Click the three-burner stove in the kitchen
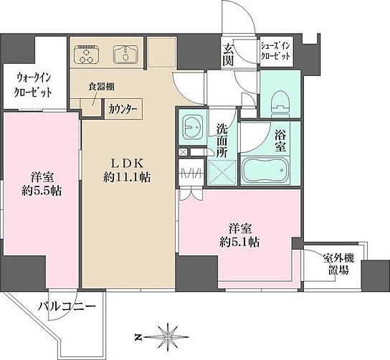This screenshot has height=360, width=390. tap(87, 55)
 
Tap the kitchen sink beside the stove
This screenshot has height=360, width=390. tap(126, 55)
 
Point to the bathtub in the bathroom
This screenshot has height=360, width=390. tap(265, 171)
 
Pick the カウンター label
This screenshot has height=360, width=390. tap(123, 109)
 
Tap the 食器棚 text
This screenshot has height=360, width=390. tap(102, 86)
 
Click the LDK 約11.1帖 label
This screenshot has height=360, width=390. tap(127, 171)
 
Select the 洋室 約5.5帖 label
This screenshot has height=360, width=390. tap(42, 184)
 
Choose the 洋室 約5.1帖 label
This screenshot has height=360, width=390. tap(240, 235)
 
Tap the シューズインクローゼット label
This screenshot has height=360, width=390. tap(275, 51)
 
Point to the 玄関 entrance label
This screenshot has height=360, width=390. tap(228, 55)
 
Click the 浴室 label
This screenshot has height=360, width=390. tap(280, 141)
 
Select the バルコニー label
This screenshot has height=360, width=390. tap(67, 305)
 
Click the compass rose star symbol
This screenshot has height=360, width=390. tap(168, 337)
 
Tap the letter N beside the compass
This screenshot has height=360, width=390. tap(137, 337)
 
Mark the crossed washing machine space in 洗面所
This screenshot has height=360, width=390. tap(222, 173)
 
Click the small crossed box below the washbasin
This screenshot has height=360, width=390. tap(184, 152)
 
